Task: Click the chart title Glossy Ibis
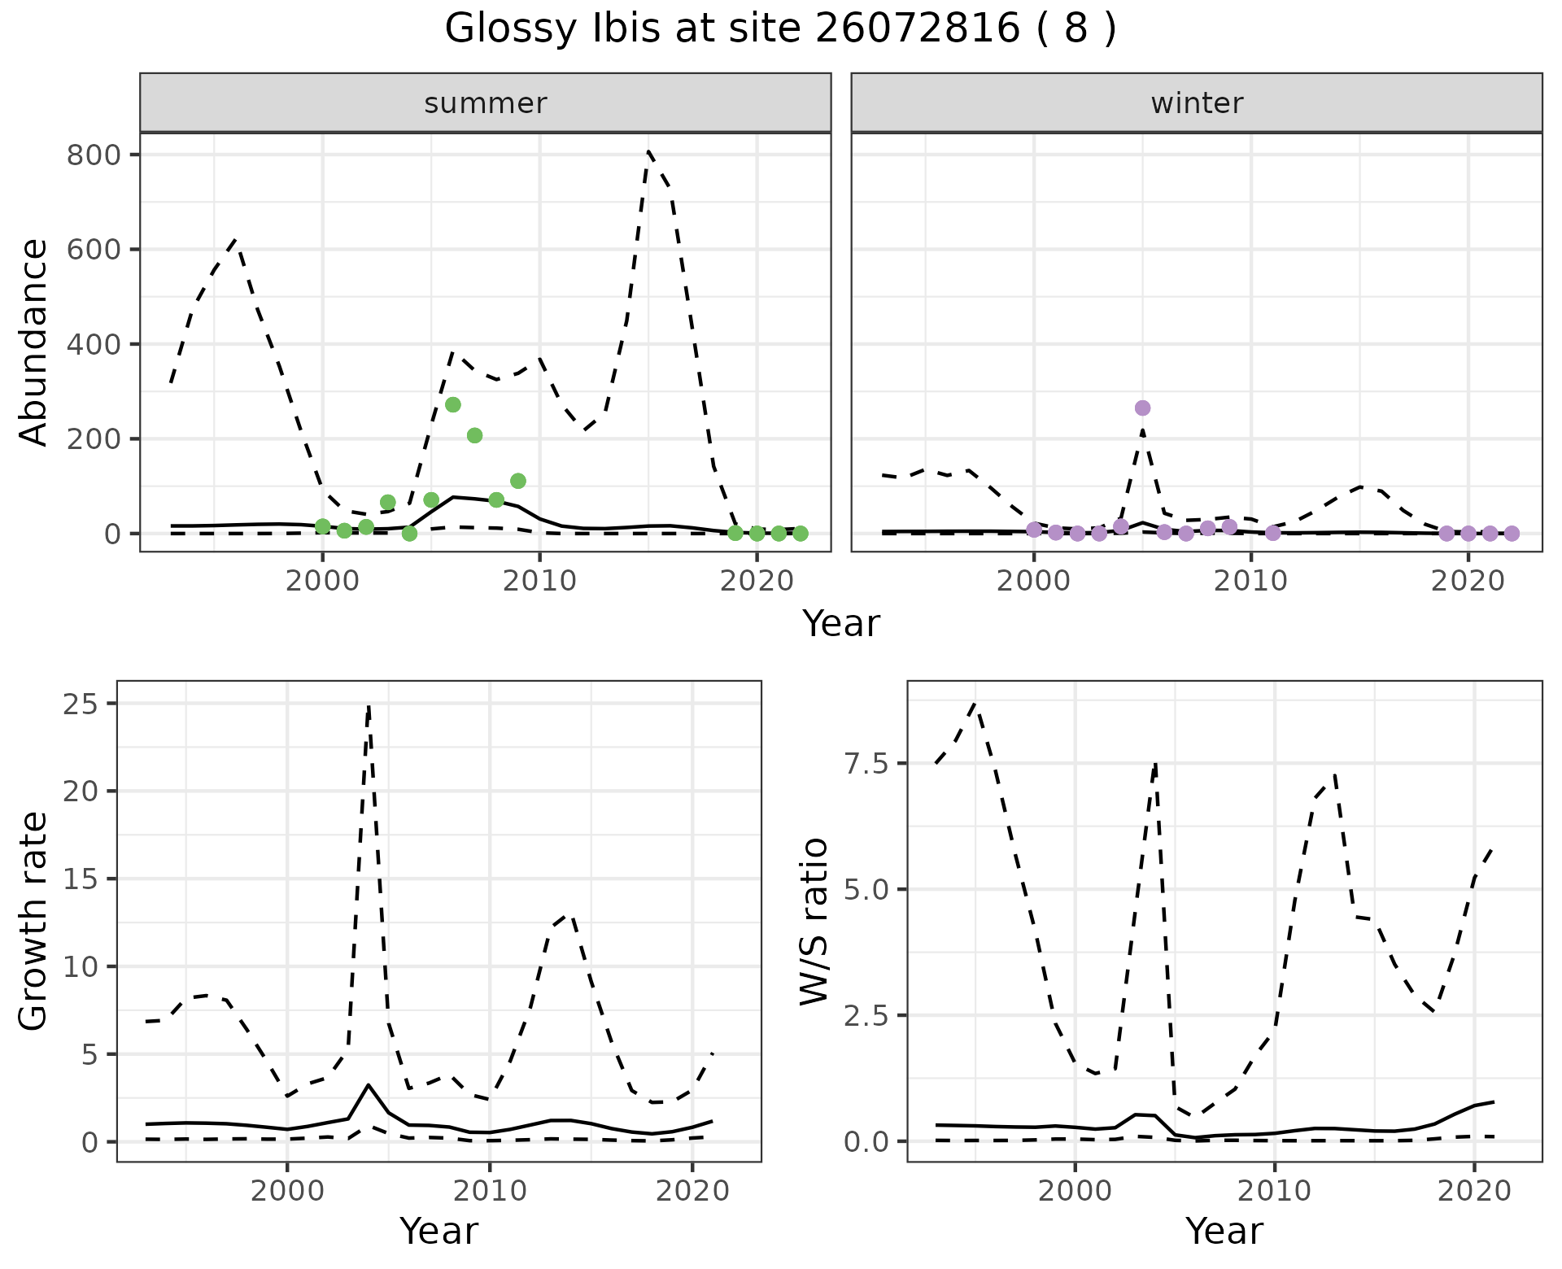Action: tap(780, 29)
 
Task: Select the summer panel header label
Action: tap(485, 103)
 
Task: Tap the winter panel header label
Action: tap(1196, 103)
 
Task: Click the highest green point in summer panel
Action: tap(453, 404)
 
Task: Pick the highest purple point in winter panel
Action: tap(1142, 408)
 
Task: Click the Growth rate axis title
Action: tap(34, 921)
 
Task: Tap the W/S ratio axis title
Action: tap(814, 921)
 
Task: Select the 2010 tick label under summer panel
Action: tap(539, 581)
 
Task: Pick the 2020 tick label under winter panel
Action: tap(1468, 581)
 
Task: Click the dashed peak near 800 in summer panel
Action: tap(648, 151)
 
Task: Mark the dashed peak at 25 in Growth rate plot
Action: tap(369, 706)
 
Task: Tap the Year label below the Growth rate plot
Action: tap(438, 1232)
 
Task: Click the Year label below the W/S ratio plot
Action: tap(1224, 1232)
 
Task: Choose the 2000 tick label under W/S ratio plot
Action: tap(1075, 1191)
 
